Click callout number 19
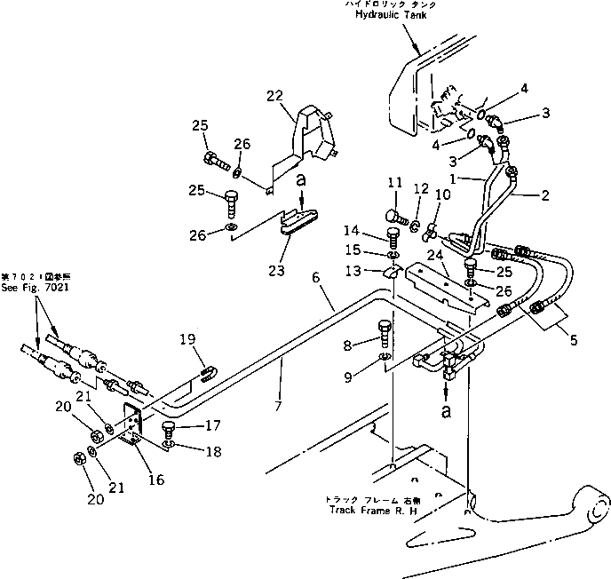coord(188,338)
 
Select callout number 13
coord(378,270)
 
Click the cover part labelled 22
coord(315,140)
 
